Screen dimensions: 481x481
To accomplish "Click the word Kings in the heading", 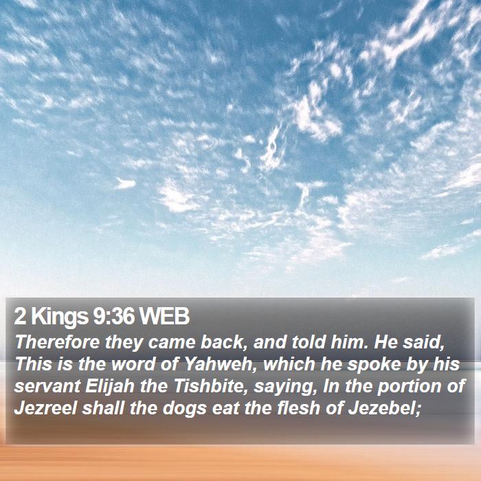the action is pos(60,317).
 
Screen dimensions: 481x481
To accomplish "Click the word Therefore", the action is pos(57,342).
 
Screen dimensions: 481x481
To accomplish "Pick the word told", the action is pos(309,342).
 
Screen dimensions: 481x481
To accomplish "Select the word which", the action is pos(289,363).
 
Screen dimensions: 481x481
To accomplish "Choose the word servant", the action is pos(47,386).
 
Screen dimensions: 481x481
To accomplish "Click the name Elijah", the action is pos(110,387).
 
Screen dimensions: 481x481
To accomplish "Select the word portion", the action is pos(409,387).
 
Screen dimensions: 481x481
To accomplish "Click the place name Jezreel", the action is pos(45,408).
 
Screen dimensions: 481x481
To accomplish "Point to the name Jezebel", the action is pos(384,408).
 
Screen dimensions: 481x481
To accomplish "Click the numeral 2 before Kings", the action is pos(20,317).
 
